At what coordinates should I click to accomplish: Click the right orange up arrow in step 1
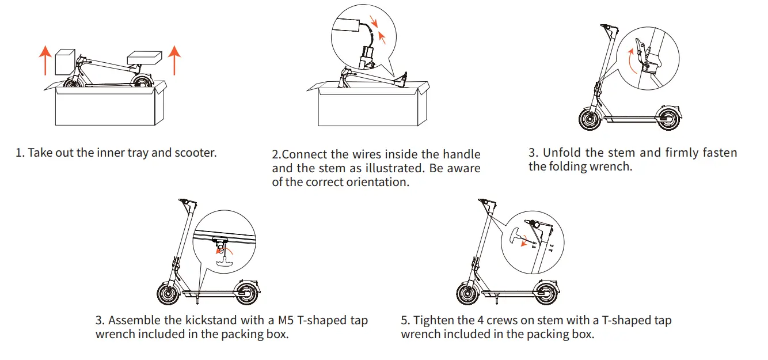(174, 60)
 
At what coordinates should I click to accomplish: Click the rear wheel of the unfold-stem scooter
(669, 119)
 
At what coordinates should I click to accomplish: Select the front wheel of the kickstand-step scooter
(169, 293)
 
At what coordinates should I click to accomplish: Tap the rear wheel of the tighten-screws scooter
(546, 293)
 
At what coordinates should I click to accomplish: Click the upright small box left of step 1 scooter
(64, 62)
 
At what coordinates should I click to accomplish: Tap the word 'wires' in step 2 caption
(365, 154)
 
